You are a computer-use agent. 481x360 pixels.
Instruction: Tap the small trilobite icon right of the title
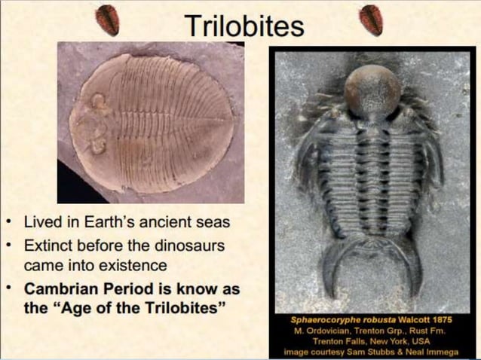tap(370, 18)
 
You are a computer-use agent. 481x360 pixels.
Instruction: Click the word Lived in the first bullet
tap(41, 224)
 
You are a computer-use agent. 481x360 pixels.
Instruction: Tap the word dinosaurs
tap(188, 246)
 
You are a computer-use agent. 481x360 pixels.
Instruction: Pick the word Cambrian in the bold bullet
tap(60, 290)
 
